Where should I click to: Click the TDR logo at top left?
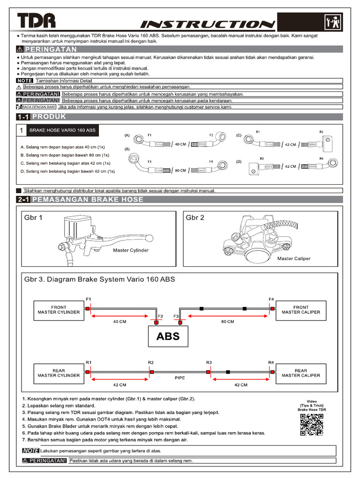click(37, 22)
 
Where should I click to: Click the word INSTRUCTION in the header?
click(208, 24)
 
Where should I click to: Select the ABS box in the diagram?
click(168, 337)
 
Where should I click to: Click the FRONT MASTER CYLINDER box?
click(59, 310)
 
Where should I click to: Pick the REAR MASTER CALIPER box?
click(301, 373)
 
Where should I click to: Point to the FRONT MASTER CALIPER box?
click(301, 310)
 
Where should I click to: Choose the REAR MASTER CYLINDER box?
click(59, 373)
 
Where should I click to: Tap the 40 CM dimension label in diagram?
click(120, 322)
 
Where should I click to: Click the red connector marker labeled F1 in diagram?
click(88, 308)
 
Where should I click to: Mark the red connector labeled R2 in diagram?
click(150, 371)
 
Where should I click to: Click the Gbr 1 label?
click(33, 218)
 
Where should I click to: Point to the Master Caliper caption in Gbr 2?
click(294, 258)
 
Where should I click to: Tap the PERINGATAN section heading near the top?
click(51, 49)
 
